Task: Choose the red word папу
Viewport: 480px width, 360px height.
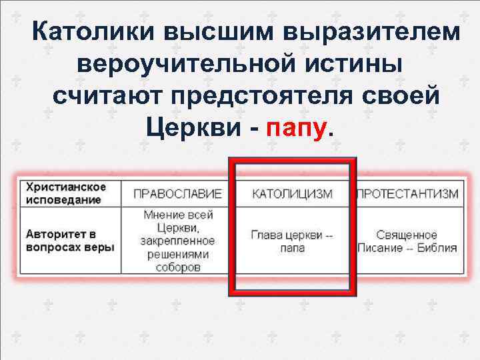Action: (297, 128)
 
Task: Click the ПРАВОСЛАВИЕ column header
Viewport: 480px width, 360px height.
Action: (177, 193)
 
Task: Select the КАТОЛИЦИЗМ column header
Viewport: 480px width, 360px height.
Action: (292, 193)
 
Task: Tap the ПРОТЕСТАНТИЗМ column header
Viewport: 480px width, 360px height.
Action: (408, 193)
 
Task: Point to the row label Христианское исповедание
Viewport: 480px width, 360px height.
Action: (66, 193)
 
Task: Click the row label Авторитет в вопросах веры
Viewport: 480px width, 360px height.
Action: (69, 241)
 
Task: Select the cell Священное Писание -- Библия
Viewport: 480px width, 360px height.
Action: (407, 241)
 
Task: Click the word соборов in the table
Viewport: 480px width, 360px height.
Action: (177, 268)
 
